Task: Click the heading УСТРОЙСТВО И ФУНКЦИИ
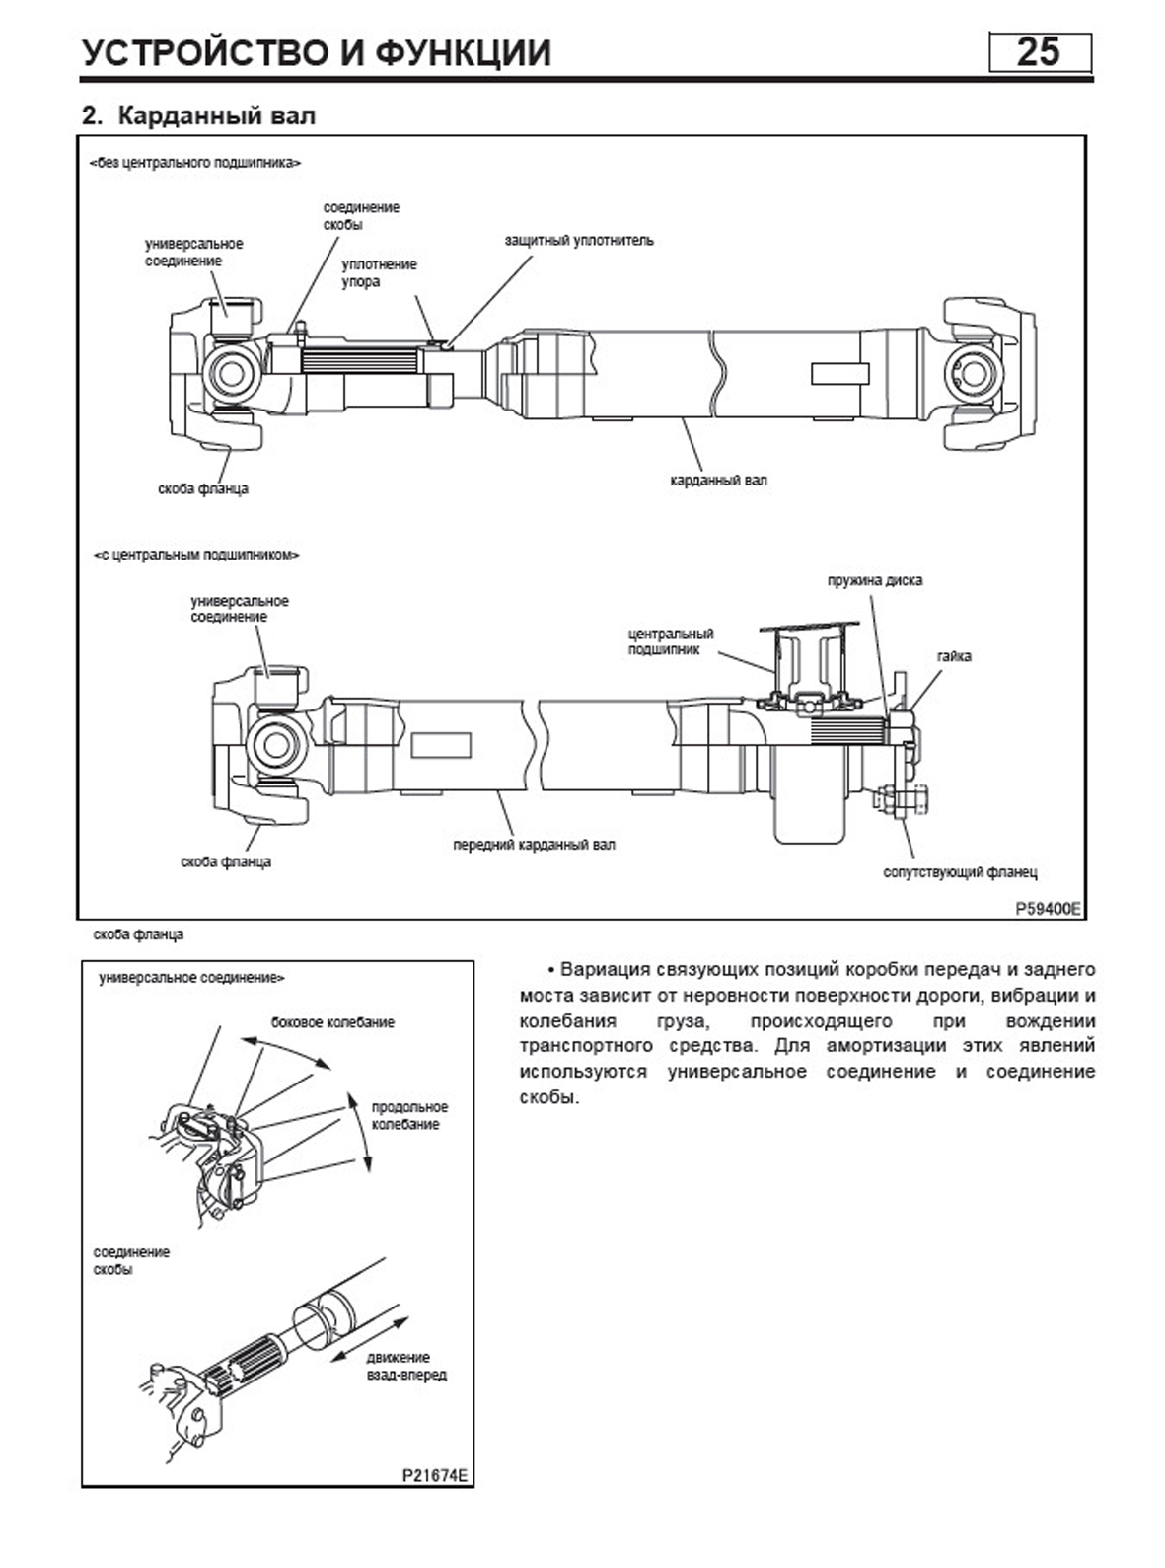[x=316, y=52]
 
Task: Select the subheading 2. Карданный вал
[x=198, y=115]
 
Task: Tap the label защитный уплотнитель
[x=578, y=240]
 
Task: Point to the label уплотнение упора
[x=379, y=273]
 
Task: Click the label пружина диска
[x=874, y=580]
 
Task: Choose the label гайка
[x=954, y=656]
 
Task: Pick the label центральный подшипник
[x=671, y=641]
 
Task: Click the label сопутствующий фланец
[x=959, y=872]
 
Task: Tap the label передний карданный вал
[x=534, y=845]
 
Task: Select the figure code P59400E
[x=1049, y=907]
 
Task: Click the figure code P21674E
[x=435, y=1477]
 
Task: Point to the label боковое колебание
[x=332, y=1022]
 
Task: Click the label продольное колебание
[x=409, y=1116]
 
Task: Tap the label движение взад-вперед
[x=405, y=1366]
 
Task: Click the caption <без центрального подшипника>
[x=195, y=163]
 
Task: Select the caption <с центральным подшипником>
[x=196, y=555]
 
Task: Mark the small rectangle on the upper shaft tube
[x=840, y=374]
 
